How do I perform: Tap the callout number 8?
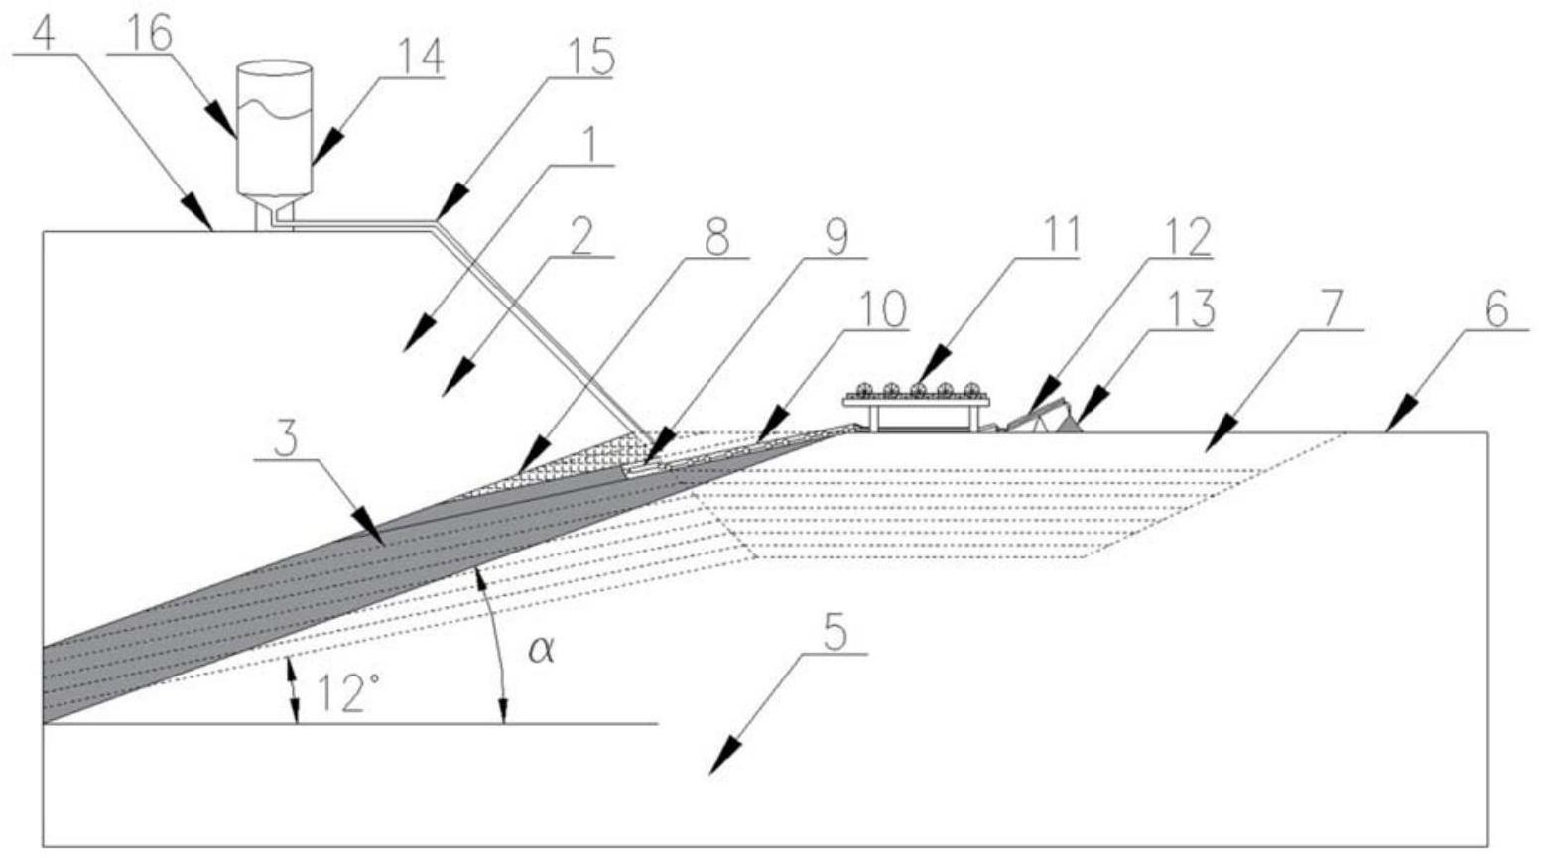(x=716, y=238)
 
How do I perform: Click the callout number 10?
(x=880, y=310)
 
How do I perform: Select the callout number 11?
(x=1054, y=238)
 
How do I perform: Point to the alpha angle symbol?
(x=540, y=651)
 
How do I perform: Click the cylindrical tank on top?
(x=275, y=129)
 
